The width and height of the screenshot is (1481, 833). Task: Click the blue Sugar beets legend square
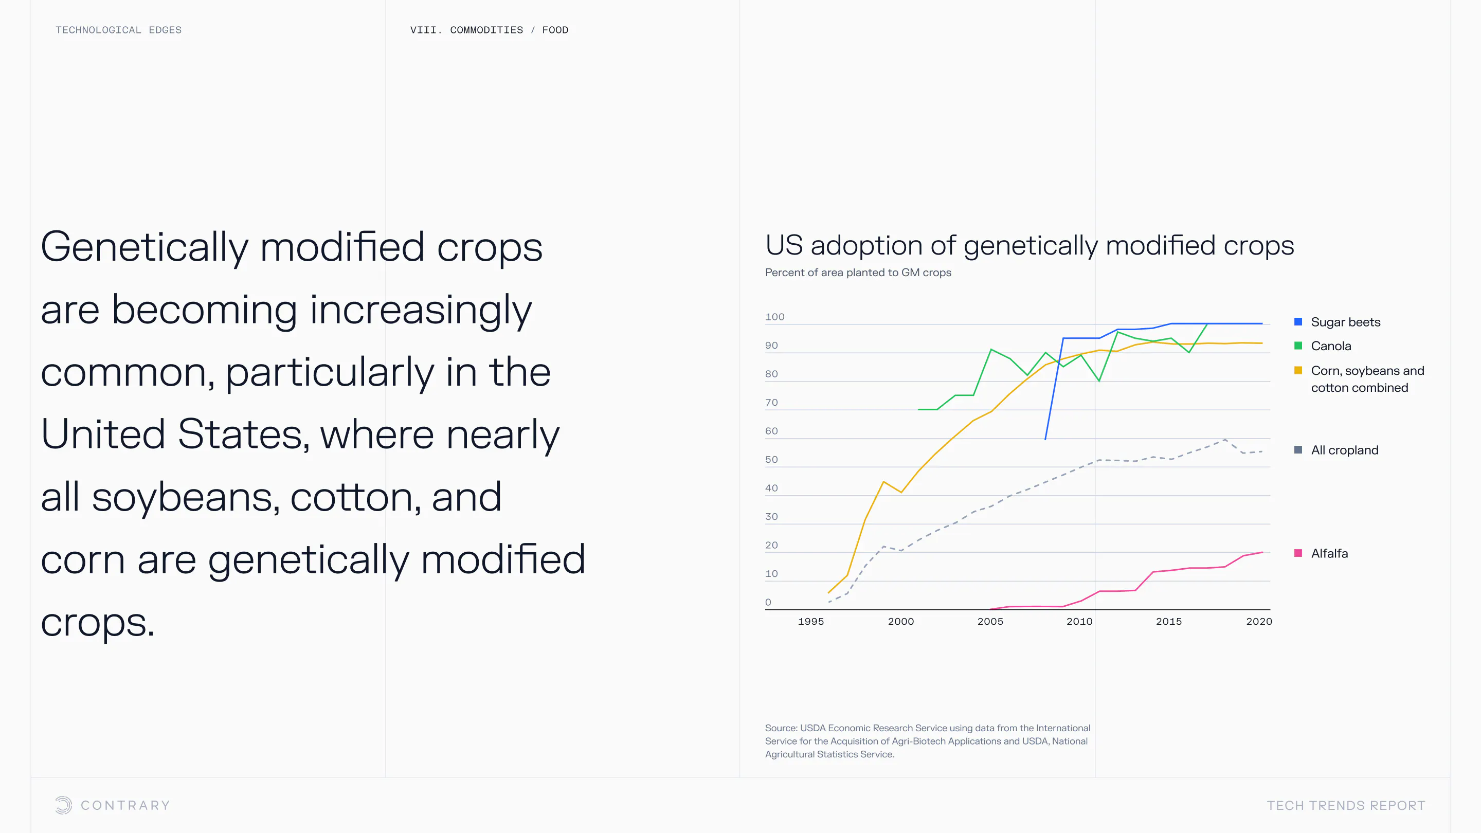[1297, 321]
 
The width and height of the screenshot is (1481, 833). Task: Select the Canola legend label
[1330, 346]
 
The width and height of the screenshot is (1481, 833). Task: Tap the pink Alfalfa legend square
[1297, 553]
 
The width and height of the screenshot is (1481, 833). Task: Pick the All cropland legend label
[1344, 450]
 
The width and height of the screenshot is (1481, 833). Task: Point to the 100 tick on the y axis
[774, 317]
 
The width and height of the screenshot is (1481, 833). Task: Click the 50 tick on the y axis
[771, 459]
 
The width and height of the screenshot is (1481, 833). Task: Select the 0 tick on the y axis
[768, 602]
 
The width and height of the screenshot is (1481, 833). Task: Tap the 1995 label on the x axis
[810, 622]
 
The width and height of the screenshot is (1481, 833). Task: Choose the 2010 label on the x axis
[1079, 622]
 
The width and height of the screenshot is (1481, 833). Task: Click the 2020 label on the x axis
[1258, 622]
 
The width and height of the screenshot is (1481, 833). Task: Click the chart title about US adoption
[1029, 245]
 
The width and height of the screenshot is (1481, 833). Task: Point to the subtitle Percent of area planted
[858, 273]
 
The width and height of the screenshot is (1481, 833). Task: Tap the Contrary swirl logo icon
[63, 805]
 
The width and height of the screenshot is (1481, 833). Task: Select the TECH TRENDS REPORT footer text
[1345, 805]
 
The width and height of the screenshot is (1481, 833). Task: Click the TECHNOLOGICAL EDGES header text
[118, 30]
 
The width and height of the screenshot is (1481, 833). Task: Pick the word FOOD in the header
[555, 30]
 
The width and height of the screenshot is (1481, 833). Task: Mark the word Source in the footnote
[780, 728]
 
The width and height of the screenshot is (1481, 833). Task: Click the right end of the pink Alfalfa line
[1262, 552]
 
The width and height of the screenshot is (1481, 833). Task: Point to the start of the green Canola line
[919, 409]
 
